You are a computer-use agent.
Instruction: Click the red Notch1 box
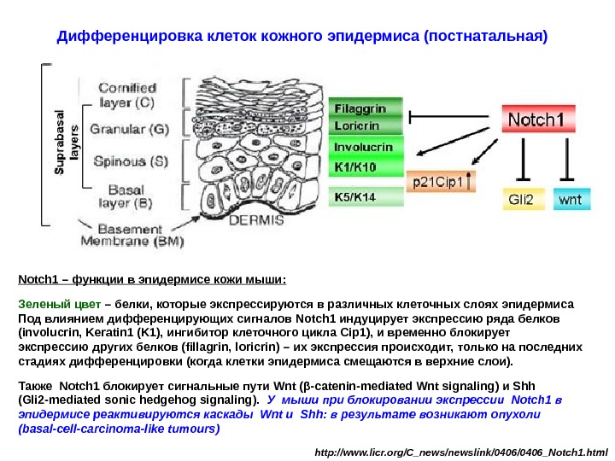point(536,120)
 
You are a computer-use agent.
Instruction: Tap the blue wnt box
point(570,199)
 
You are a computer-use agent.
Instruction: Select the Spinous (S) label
point(131,160)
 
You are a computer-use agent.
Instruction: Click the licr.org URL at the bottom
point(461,448)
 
